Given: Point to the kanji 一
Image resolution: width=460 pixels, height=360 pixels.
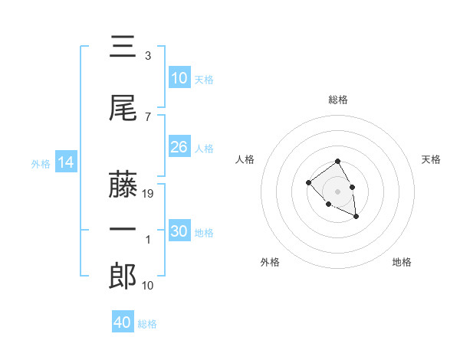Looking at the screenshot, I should coord(123,231).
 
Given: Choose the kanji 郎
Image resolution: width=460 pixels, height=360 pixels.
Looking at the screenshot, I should coord(123,276).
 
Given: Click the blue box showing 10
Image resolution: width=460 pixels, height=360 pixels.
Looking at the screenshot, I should coord(179,78).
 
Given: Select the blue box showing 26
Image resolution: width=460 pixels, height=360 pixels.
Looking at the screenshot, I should coord(179,147).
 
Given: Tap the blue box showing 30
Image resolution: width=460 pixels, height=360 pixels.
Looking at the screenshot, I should coord(179,231).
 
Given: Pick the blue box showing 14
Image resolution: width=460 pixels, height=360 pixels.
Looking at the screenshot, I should coord(66,162).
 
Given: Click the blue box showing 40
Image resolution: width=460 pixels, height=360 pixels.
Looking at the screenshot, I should coord(123,322).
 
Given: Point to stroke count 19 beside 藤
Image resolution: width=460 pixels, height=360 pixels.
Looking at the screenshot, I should coord(149,194).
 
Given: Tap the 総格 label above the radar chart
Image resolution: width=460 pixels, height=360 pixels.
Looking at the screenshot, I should coord(338,100).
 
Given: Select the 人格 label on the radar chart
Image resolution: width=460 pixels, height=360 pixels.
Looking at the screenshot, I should coord(245,159).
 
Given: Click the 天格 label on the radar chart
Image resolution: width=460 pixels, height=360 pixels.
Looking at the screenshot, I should coord(432,159).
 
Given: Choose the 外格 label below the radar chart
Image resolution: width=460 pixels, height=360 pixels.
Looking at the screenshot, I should coord(270,262).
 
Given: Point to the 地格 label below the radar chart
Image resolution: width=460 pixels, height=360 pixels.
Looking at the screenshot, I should coord(402,262).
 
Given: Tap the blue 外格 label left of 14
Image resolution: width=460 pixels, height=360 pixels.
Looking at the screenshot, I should coord(41,163).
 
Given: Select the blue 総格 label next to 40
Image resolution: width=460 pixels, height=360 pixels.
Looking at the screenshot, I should coord(148,324).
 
